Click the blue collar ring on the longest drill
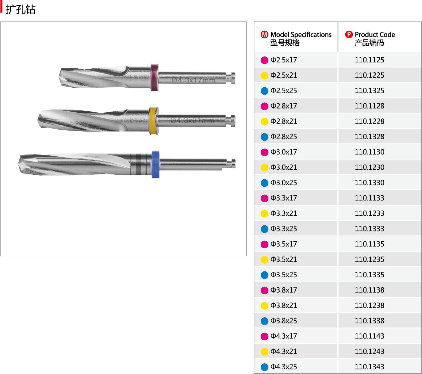[x=155, y=165]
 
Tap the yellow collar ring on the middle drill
[x=153, y=120]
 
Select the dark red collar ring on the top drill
[x=155, y=78]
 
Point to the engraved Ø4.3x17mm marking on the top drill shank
[x=193, y=80]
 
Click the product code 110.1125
[x=369, y=60]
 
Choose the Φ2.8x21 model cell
[x=284, y=121]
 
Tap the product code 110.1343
[x=369, y=367]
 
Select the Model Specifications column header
[x=301, y=38]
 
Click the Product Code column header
[x=374, y=38]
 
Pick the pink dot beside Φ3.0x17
[x=264, y=152]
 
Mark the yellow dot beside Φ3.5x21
[x=264, y=260]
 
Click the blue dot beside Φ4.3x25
[x=264, y=367]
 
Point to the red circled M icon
[x=264, y=34]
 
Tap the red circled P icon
[x=349, y=34]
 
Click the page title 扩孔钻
[x=21, y=9]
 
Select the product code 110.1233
[x=369, y=213]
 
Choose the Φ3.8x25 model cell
[x=284, y=321]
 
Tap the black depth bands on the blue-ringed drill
[x=140, y=164]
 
